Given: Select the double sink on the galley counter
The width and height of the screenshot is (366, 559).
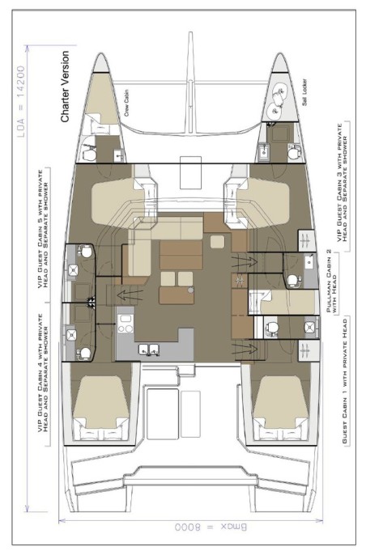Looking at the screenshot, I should [x=147, y=349].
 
